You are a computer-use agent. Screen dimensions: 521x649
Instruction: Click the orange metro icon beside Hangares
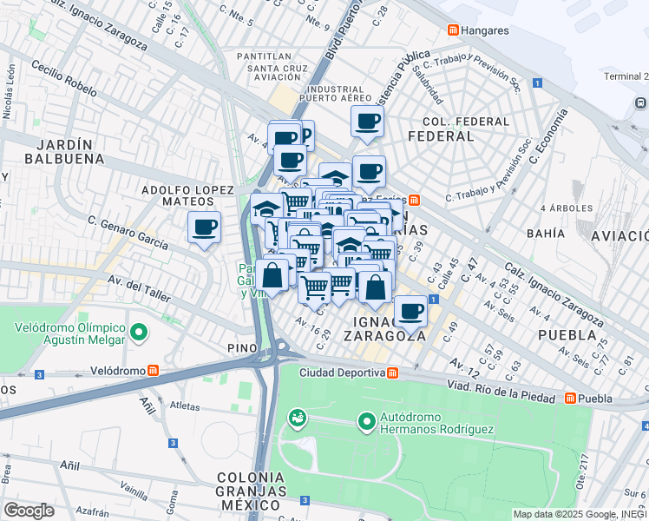[454, 30]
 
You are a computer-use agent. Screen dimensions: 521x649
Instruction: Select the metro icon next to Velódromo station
[154, 371]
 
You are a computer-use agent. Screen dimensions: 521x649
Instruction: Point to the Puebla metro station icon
[570, 399]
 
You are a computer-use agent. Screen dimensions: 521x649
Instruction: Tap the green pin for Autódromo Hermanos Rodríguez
[367, 423]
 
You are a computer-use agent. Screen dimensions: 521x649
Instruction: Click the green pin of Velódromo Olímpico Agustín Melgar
[138, 332]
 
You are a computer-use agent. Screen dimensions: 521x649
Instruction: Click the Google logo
[29, 510]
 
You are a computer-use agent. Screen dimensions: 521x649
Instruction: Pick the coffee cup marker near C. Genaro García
[204, 228]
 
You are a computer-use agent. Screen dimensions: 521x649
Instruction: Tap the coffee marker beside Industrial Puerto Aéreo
[367, 121]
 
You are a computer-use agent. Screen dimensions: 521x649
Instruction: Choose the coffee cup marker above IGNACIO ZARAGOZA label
[410, 310]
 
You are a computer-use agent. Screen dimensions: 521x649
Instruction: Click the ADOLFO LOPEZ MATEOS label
[188, 195]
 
